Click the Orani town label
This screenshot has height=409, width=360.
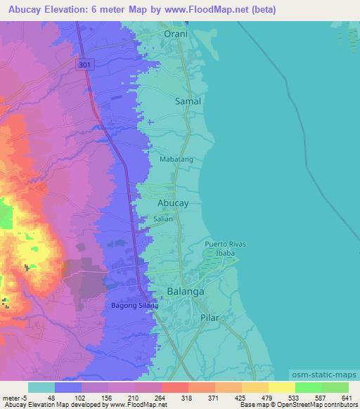(176, 33)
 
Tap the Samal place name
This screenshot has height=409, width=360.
(187, 101)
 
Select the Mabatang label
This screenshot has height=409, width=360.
(176, 160)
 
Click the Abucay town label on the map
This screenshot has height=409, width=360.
(172, 202)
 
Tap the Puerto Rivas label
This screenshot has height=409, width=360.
(226, 244)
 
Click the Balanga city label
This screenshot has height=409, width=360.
(186, 291)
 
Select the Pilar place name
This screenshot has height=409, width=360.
(209, 318)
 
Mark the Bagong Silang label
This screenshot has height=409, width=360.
(135, 306)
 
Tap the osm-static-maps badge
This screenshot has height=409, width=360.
(324, 376)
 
